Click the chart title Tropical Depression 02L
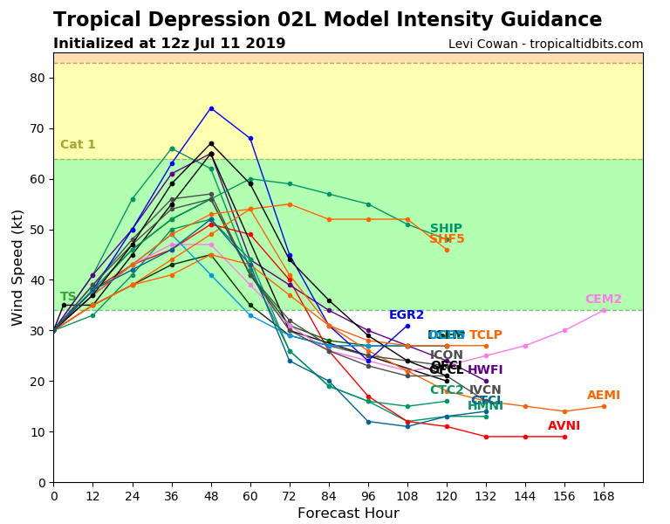tap(327, 20)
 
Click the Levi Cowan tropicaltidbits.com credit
tap(545, 45)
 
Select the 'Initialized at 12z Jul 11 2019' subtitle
tap(169, 44)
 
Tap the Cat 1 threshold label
tap(78, 145)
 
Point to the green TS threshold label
tap(68, 297)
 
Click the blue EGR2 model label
tap(407, 315)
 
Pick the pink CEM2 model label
tap(603, 300)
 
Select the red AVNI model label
tap(564, 426)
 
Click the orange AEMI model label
tap(604, 396)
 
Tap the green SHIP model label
tap(446, 229)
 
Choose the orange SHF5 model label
tap(447, 239)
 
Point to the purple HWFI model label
tap(485, 370)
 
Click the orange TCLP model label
tap(486, 335)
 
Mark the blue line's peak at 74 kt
tap(211, 108)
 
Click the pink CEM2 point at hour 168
tap(604, 310)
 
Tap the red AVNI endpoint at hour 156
tap(564, 437)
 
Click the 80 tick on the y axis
tap(38, 78)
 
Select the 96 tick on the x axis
tap(368, 495)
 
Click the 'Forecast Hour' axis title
tap(348, 514)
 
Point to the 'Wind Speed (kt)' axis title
tap(18, 267)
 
